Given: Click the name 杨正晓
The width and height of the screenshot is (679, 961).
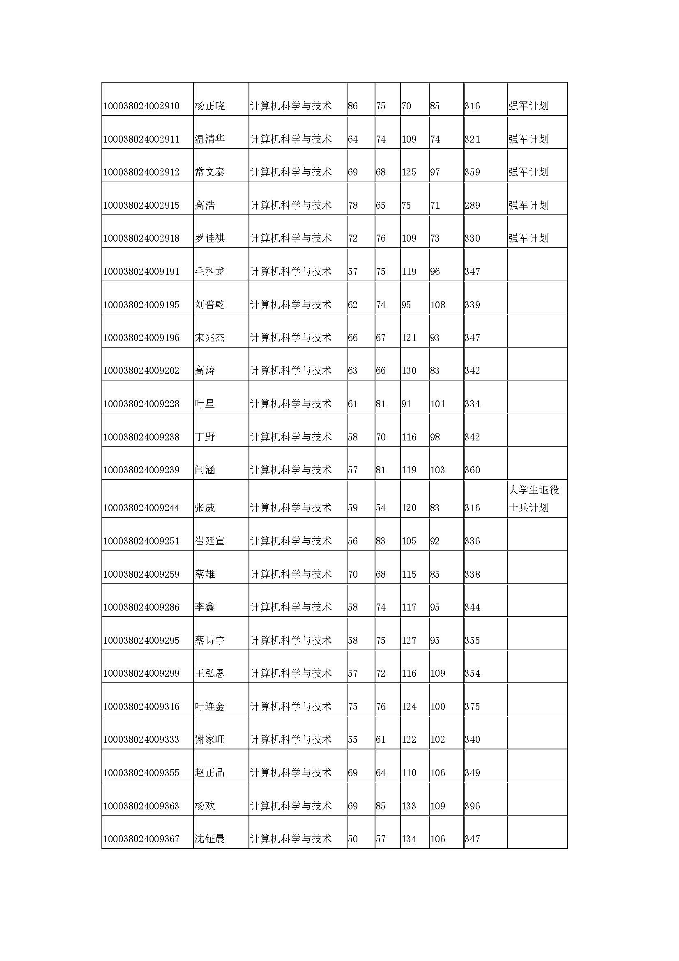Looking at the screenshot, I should [x=209, y=106].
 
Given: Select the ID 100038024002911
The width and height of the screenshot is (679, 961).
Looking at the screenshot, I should [x=141, y=139].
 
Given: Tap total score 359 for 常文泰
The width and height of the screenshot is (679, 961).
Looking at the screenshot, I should [x=472, y=173].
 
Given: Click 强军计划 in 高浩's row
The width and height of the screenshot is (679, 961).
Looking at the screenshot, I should [x=528, y=205].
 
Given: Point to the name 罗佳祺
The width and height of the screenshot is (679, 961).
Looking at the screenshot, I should [x=209, y=239].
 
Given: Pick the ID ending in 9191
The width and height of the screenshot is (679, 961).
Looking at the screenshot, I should [x=141, y=272].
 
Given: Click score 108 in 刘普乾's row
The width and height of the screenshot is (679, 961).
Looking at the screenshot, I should [x=437, y=305].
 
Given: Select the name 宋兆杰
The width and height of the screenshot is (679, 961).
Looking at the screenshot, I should [x=209, y=338].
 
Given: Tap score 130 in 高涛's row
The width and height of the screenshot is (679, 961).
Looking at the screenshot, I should [x=409, y=371].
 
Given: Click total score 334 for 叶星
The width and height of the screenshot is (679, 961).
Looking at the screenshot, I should [x=472, y=404].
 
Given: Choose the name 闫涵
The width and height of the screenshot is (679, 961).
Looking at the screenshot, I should [x=205, y=470].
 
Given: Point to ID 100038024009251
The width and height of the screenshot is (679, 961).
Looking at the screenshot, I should [x=141, y=541].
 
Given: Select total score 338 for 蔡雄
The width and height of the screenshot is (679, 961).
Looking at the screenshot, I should [x=472, y=574].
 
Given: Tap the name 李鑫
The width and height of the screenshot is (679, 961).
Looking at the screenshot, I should [x=205, y=607].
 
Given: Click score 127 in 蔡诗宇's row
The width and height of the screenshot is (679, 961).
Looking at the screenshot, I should [x=409, y=641].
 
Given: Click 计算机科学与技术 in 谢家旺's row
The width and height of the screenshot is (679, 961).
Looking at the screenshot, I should [x=291, y=740].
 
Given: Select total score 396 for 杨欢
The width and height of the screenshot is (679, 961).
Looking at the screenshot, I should [x=472, y=806].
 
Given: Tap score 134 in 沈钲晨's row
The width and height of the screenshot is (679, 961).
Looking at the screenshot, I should [x=409, y=839].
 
